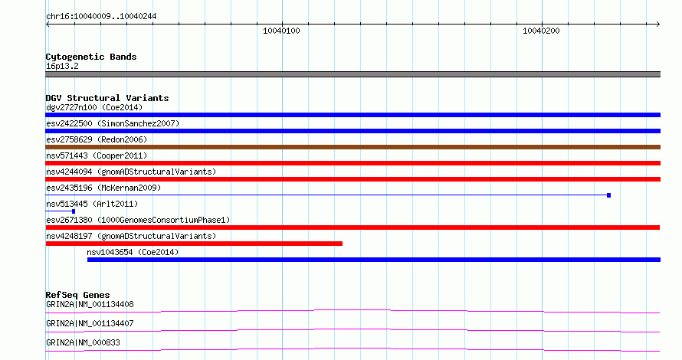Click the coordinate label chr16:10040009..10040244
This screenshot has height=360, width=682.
[101, 17]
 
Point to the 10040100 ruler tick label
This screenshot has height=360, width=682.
[281, 31]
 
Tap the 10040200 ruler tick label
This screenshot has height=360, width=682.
[541, 31]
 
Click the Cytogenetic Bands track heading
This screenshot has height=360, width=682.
[91, 57]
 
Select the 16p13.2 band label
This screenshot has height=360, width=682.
[62, 66]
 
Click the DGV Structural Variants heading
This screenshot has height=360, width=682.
[107, 98]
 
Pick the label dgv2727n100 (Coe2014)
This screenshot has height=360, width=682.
[94, 107]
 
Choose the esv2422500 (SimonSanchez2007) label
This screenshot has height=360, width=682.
[113, 123]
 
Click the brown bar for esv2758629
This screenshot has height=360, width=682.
[352, 147]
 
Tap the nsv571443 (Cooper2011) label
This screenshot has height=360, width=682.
[97, 155]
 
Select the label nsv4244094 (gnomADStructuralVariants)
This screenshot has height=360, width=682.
[131, 172]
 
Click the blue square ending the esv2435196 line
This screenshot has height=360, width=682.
[609, 195]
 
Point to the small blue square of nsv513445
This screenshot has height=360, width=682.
[74, 211]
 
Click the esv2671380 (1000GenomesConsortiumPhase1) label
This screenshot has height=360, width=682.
[138, 220]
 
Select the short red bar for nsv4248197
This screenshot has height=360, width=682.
[194, 244]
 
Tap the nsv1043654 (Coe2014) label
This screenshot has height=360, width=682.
[133, 252]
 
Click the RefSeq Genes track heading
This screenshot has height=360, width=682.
[77, 295]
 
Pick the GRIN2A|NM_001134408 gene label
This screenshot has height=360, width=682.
[90, 304]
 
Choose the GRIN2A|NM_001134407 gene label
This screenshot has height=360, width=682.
[90, 323]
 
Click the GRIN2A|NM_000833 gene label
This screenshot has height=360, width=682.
[83, 342]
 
